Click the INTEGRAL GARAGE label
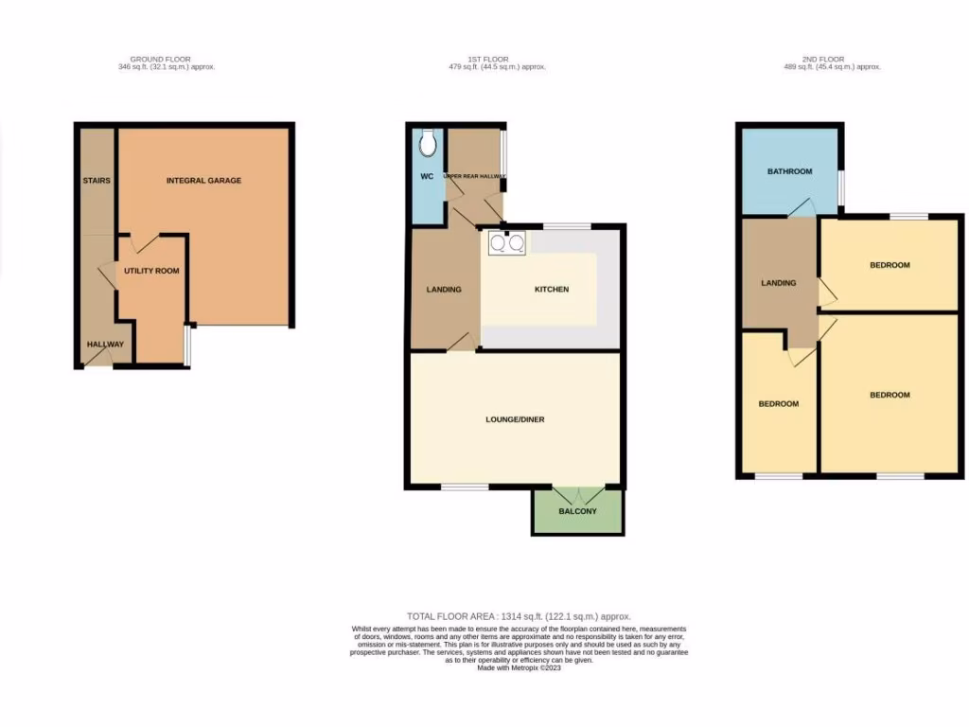[203, 180]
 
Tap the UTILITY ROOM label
[150, 271]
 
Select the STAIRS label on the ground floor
[97, 180]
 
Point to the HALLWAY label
[105, 344]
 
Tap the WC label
[427, 176]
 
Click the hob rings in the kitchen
[506, 243]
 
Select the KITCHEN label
[552, 289]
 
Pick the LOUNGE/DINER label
[515, 419]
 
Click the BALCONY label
[577, 511]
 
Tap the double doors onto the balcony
[577, 494]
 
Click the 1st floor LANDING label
[443, 289]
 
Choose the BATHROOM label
[789, 171]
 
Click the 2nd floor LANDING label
[779, 282]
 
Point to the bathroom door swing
[802, 208]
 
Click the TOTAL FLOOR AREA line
[519, 616]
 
